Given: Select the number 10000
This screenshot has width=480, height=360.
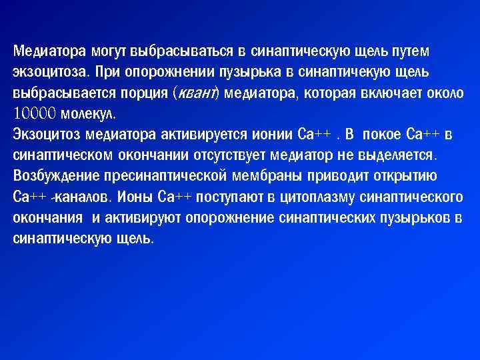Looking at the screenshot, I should click(34, 113).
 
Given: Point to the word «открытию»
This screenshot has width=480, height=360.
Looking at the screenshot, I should click(403, 176).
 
